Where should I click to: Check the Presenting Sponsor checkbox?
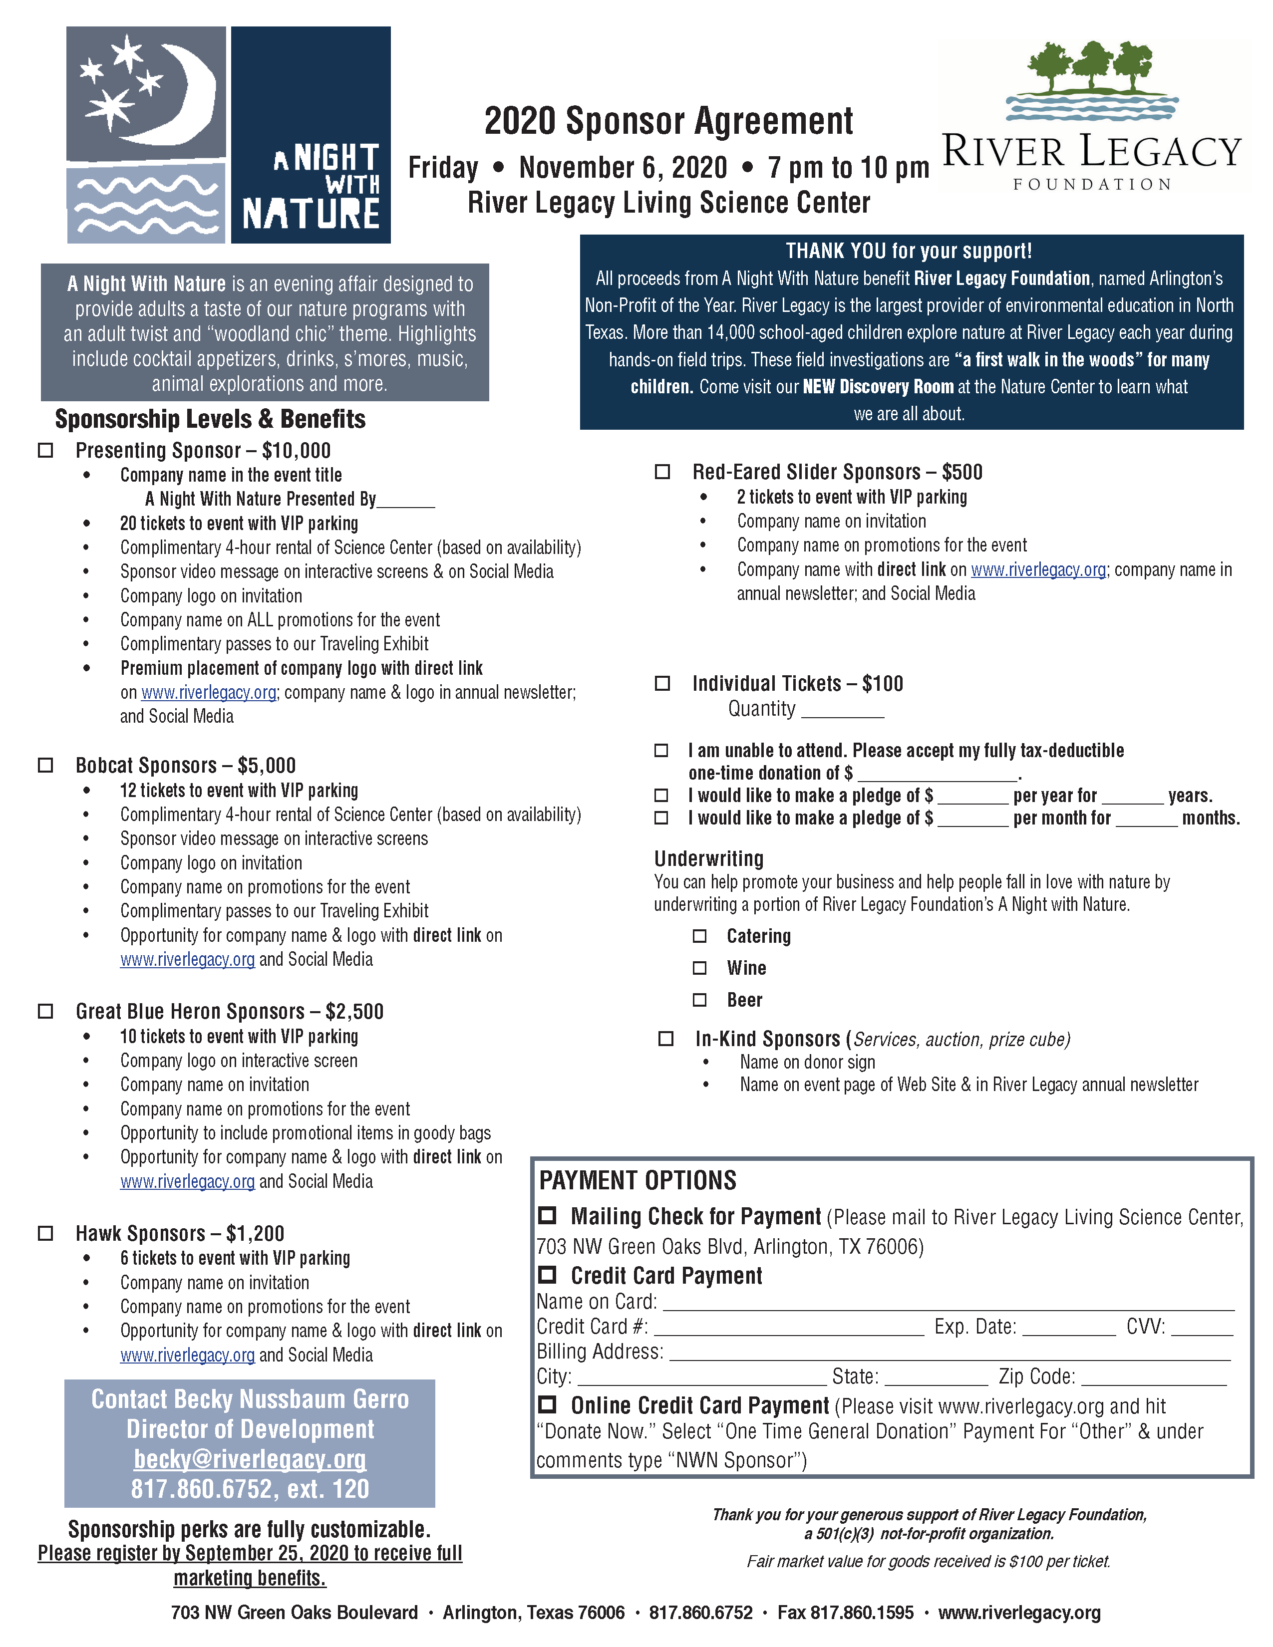click(46, 450)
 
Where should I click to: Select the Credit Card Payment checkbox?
click(548, 1275)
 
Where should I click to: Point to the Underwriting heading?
click(708, 858)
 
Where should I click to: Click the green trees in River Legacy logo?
click(1091, 66)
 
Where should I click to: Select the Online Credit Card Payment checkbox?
click(548, 1404)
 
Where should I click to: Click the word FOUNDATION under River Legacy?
click(1092, 185)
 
